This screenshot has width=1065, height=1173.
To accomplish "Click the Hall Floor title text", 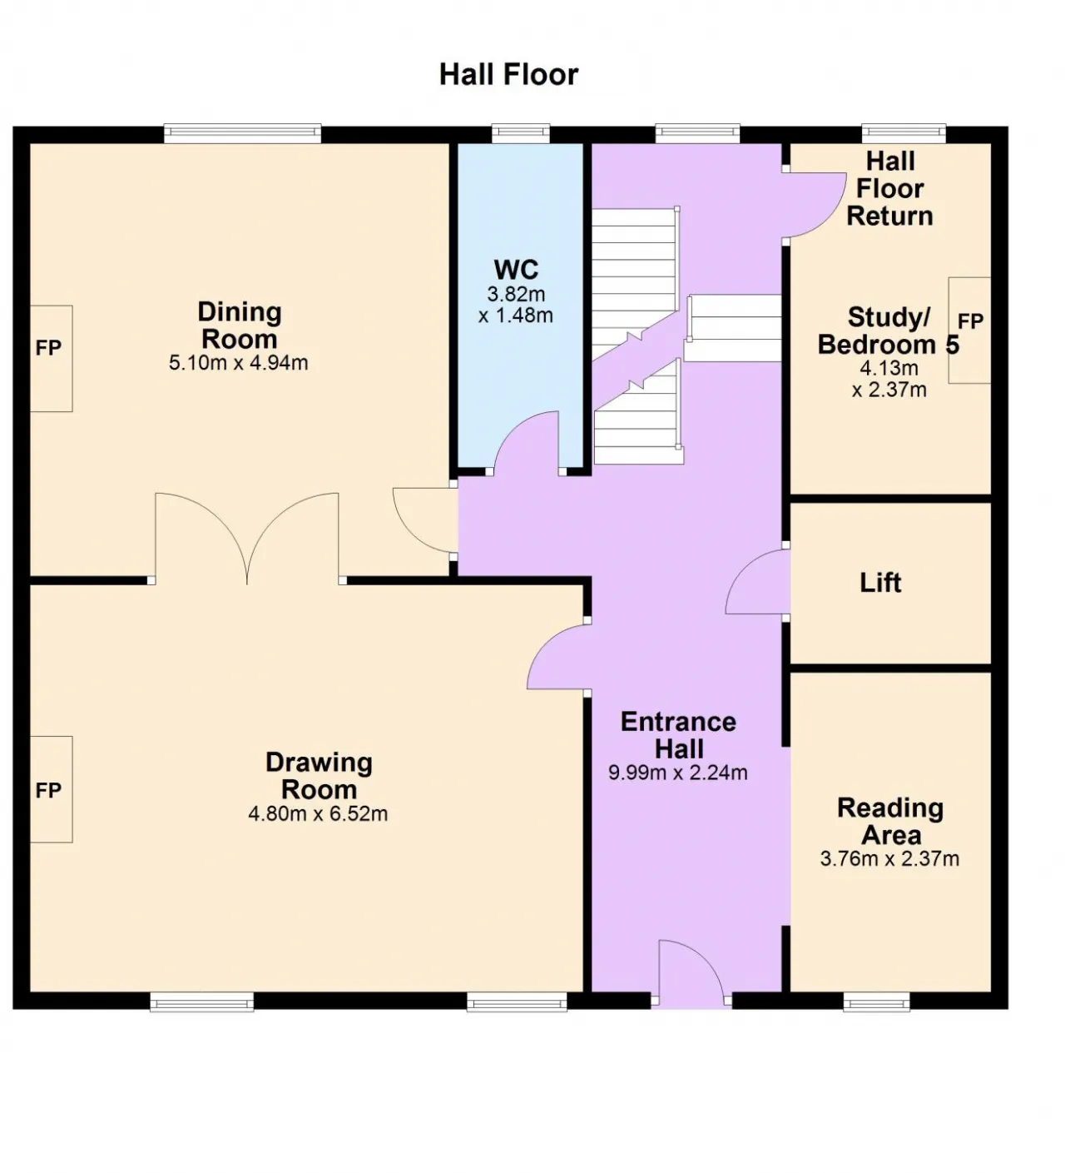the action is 508,75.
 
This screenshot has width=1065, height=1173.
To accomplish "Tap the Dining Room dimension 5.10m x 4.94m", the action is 239,362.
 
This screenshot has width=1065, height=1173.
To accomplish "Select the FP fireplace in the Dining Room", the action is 51,358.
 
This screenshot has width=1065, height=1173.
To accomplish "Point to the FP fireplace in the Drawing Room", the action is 51,789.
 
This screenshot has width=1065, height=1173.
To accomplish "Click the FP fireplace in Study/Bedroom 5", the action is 969,331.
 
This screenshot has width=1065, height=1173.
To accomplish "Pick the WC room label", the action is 516,270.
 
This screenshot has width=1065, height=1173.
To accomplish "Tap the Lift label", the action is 880,583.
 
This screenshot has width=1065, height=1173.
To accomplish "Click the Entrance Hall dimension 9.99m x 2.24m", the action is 678,773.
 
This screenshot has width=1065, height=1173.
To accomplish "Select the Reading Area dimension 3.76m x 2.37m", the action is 889,858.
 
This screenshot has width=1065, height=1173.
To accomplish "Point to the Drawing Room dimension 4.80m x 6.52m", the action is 318,813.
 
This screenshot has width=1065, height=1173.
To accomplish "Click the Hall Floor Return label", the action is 889,189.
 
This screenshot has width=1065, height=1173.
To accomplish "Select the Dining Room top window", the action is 243,133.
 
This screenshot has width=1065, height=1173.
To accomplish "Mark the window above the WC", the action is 521,133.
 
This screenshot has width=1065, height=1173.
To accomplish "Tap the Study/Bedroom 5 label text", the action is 889,331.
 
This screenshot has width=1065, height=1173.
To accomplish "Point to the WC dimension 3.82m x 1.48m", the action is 516,304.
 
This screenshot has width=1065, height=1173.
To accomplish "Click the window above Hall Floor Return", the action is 904,133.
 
